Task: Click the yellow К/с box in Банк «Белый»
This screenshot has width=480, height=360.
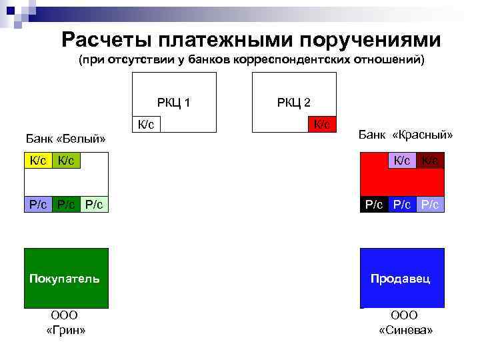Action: tap(38, 160)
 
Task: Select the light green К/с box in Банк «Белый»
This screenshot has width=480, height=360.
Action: tap(67, 160)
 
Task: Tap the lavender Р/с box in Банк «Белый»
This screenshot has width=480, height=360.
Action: tap(38, 205)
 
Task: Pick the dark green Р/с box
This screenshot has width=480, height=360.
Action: tap(66, 205)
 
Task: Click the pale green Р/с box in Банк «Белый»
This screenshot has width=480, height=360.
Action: tap(94, 205)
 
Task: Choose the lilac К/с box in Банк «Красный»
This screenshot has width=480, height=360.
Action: tap(402, 160)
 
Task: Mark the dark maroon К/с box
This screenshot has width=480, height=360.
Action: tap(430, 160)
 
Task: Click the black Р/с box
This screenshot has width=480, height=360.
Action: tap(374, 205)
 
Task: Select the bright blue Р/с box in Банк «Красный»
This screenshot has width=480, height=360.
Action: tap(402, 205)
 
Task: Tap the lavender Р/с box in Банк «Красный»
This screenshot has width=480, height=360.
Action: tap(430, 205)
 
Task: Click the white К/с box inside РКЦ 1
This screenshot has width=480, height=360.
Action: tap(147, 125)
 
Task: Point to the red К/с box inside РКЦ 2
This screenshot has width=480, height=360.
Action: tap(322, 125)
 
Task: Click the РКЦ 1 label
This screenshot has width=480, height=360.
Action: tap(174, 103)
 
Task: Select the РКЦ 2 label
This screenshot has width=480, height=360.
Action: tap(293, 103)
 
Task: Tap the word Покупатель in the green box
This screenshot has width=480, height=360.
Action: tap(65, 278)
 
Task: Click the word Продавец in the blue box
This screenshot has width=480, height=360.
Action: tap(401, 278)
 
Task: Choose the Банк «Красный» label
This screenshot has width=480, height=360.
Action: tap(405, 135)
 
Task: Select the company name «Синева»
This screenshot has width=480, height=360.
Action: tap(405, 331)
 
